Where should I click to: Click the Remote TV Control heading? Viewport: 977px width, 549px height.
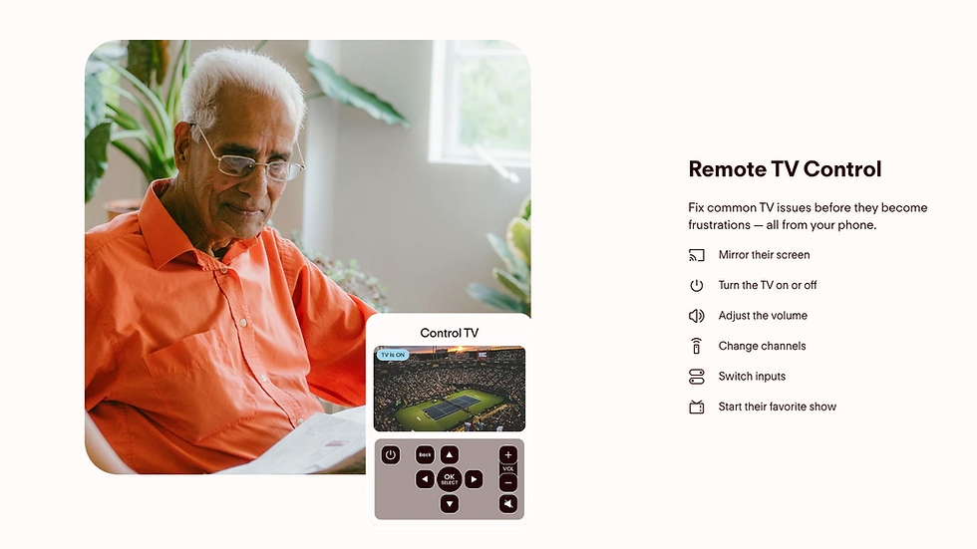(x=785, y=168)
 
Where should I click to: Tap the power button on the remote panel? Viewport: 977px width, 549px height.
(x=391, y=455)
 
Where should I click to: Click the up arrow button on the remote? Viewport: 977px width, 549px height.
(x=450, y=455)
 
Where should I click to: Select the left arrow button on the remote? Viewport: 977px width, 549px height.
(x=425, y=479)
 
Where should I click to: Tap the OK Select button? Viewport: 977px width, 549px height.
(x=450, y=479)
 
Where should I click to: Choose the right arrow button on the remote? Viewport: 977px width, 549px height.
(x=474, y=479)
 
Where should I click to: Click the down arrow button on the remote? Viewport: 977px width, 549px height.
(x=450, y=503)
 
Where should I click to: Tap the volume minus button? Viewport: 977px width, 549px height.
(x=507, y=482)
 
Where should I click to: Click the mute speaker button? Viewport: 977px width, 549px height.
(x=507, y=503)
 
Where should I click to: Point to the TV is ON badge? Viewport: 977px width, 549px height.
(x=393, y=355)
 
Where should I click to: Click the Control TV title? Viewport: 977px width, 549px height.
(x=450, y=333)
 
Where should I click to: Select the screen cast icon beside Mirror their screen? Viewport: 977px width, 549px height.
(x=697, y=255)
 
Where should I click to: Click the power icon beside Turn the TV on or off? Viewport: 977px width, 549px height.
(x=697, y=285)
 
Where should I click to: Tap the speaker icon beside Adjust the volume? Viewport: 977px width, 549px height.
(x=697, y=316)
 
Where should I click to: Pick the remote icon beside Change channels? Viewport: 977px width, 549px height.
(x=697, y=346)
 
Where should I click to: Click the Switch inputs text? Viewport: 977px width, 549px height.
(x=752, y=376)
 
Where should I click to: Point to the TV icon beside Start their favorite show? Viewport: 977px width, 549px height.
(x=697, y=408)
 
